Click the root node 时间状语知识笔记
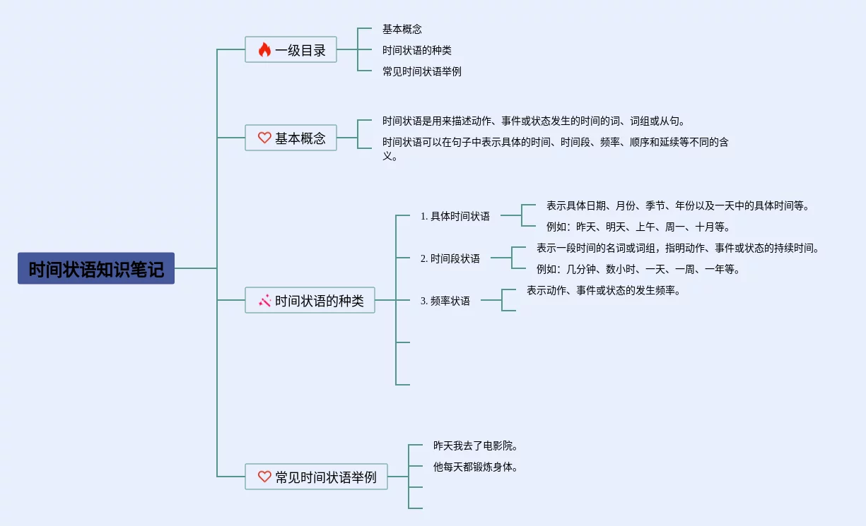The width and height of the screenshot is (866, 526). click(96, 269)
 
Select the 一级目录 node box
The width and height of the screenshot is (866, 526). click(291, 49)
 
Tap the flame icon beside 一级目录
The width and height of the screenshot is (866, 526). click(264, 49)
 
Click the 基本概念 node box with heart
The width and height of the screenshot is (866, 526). click(291, 138)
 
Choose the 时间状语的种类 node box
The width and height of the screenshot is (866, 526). click(310, 300)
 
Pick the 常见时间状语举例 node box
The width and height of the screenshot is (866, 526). click(316, 477)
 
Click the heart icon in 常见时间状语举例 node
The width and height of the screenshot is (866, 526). click(264, 477)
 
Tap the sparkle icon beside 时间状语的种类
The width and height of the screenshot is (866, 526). click(264, 301)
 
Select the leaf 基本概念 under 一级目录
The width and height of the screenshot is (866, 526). click(402, 29)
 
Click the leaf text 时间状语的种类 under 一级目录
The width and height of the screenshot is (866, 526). click(416, 50)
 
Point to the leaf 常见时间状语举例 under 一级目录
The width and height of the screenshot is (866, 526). click(421, 71)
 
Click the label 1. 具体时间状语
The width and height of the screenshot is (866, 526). click(455, 216)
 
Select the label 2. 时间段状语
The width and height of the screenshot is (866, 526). click(450, 258)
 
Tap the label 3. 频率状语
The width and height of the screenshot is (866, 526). click(445, 301)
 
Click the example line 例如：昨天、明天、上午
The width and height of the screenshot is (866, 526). click(638, 227)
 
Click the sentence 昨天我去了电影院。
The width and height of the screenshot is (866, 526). click(476, 446)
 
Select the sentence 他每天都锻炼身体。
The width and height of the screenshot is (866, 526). click(476, 467)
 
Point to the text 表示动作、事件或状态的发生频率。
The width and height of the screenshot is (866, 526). click(603, 290)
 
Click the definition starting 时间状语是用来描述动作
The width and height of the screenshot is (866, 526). click(534, 121)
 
